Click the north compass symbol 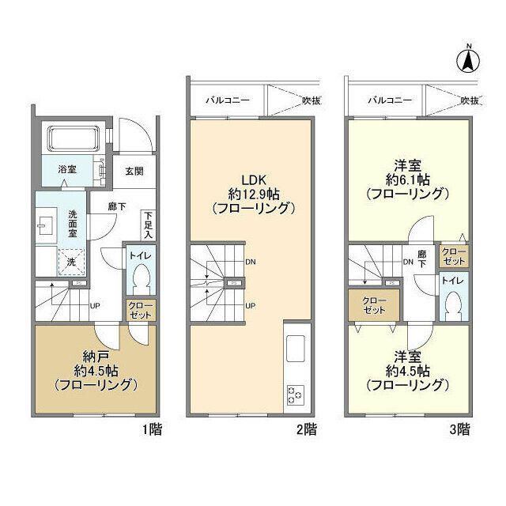pyautogui.click(x=468, y=59)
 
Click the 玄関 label pyautogui.click(x=134, y=171)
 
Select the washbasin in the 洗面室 pyautogui.click(x=43, y=225)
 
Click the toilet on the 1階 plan pyautogui.click(x=142, y=277)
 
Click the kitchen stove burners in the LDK pyautogui.click(x=296, y=393)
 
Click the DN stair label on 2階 pyautogui.click(x=251, y=262)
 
